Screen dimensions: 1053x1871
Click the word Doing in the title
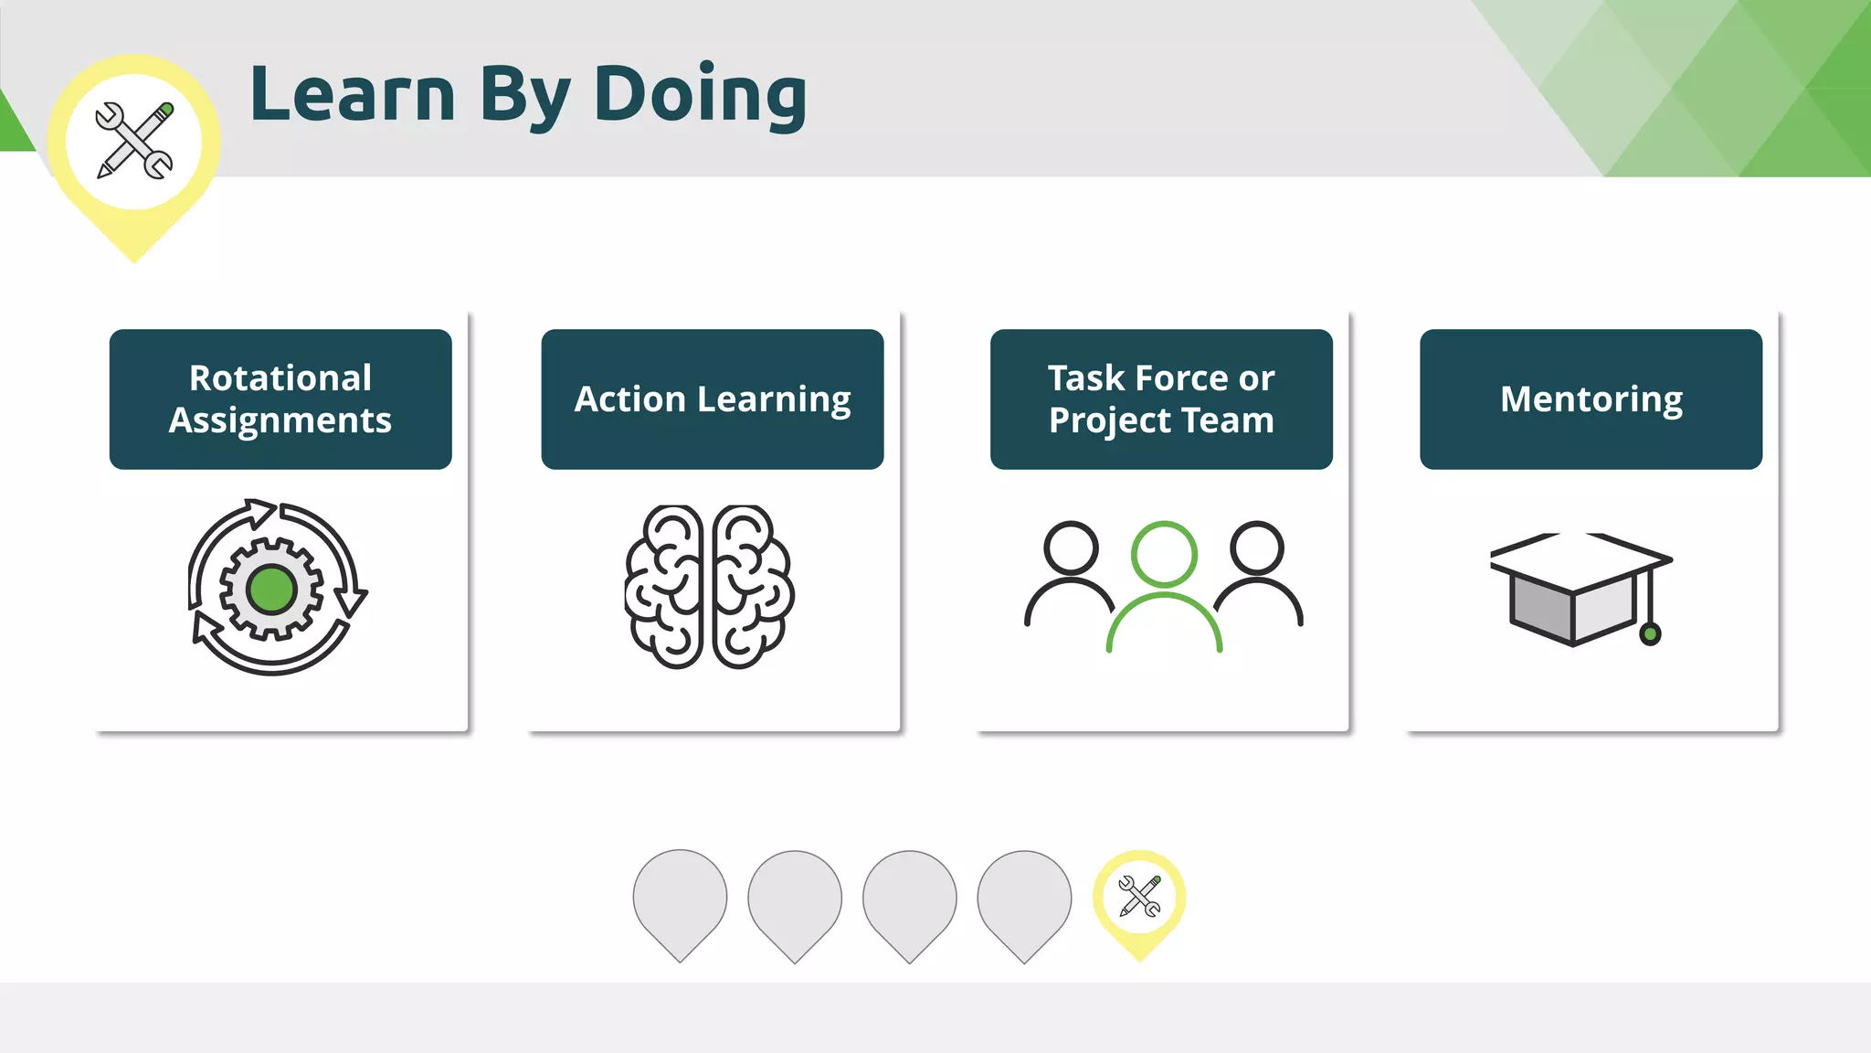pyautogui.click(x=700, y=95)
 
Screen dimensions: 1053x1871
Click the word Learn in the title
pyautogui.click(x=353, y=95)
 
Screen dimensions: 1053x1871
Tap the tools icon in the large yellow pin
pyautogui.click(x=134, y=141)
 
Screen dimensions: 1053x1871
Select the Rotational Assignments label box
pyautogui.click(x=280, y=399)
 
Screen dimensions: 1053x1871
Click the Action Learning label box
pyautogui.click(x=713, y=399)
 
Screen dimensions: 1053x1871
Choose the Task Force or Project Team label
pyautogui.click(x=1161, y=399)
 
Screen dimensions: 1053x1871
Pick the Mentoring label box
pyautogui.click(x=1591, y=399)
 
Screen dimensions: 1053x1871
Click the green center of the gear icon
pyautogui.click(x=271, y=590)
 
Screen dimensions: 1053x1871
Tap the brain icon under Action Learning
pyautogui.click(x=710, y=587)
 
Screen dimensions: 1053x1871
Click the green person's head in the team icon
pyautogui.click(x=1164, y=554)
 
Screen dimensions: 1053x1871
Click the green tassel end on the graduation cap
pyautogui.click(x=1650, y=633)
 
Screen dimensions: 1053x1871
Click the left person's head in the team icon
pyautogui.click(x=1071, y=548)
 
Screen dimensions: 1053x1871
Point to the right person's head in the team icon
pyautogui.click(x=1257, y=548)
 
